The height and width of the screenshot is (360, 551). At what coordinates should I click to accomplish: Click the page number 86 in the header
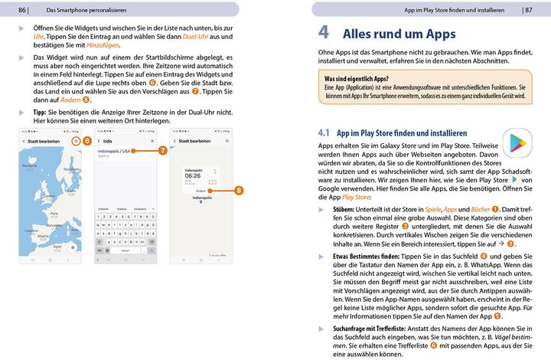click(22, 9)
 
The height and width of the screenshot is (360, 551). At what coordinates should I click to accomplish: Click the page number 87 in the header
click(527, 9)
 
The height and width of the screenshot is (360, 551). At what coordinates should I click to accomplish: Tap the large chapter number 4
click(324, 34)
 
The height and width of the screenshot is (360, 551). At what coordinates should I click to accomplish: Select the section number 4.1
click(324, 133)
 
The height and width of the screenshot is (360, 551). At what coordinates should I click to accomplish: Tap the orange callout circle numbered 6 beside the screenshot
click(87, 141)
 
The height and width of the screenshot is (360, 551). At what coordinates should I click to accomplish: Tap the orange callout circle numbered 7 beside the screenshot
click(163, 152)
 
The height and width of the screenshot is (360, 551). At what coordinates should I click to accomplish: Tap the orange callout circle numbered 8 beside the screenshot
click(239, 190)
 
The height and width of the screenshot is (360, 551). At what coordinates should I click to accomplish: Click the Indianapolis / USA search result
click(115, 152)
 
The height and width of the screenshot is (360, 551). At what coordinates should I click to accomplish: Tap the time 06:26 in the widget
click(193, 175)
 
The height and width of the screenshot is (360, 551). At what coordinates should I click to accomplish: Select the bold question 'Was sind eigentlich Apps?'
click(356, 79)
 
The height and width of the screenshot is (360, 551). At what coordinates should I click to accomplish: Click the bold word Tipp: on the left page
click(41, 112)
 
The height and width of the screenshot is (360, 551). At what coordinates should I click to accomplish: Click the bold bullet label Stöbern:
click(348, 208)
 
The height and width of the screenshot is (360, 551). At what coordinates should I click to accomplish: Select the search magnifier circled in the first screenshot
click(75, 142)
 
